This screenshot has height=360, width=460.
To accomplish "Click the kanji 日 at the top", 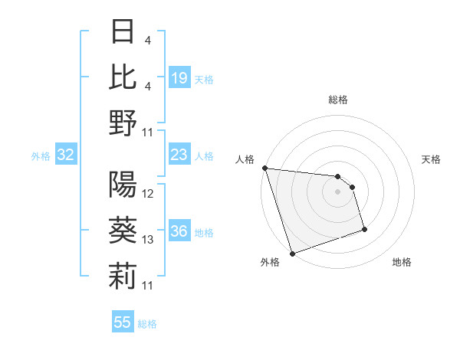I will coord(123,31).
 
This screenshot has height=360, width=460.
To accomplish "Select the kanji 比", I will coord(123,77).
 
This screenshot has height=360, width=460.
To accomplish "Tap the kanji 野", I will coord(123,123).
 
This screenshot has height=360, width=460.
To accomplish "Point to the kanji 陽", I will coord(123,185).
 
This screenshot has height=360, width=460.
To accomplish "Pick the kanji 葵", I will coord(123,231).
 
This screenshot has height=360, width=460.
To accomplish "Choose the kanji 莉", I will coord(123,277).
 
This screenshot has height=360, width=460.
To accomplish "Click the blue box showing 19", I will coord(179,78).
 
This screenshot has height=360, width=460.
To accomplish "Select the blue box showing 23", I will coord(179,155).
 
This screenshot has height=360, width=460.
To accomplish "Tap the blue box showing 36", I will coord(179,231).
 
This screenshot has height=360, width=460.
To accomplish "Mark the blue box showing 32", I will coord(65,155).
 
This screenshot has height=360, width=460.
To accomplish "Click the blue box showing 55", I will coord(123,322).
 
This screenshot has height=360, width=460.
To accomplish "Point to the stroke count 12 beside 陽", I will coord(148,194).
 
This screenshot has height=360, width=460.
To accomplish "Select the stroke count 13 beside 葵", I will coord(148,240).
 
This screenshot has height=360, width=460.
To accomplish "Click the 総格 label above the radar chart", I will coord(338,100).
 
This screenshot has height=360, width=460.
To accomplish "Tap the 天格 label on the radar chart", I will coord(432,159).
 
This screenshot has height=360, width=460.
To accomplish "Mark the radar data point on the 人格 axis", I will coord(264,168).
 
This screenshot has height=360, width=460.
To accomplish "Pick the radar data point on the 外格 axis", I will coord(292,254).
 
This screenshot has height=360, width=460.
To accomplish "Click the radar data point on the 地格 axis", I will coord(364,229).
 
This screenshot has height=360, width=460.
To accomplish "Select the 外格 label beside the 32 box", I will coord(41,156).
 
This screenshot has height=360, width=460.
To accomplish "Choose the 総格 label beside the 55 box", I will coord(147,324).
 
